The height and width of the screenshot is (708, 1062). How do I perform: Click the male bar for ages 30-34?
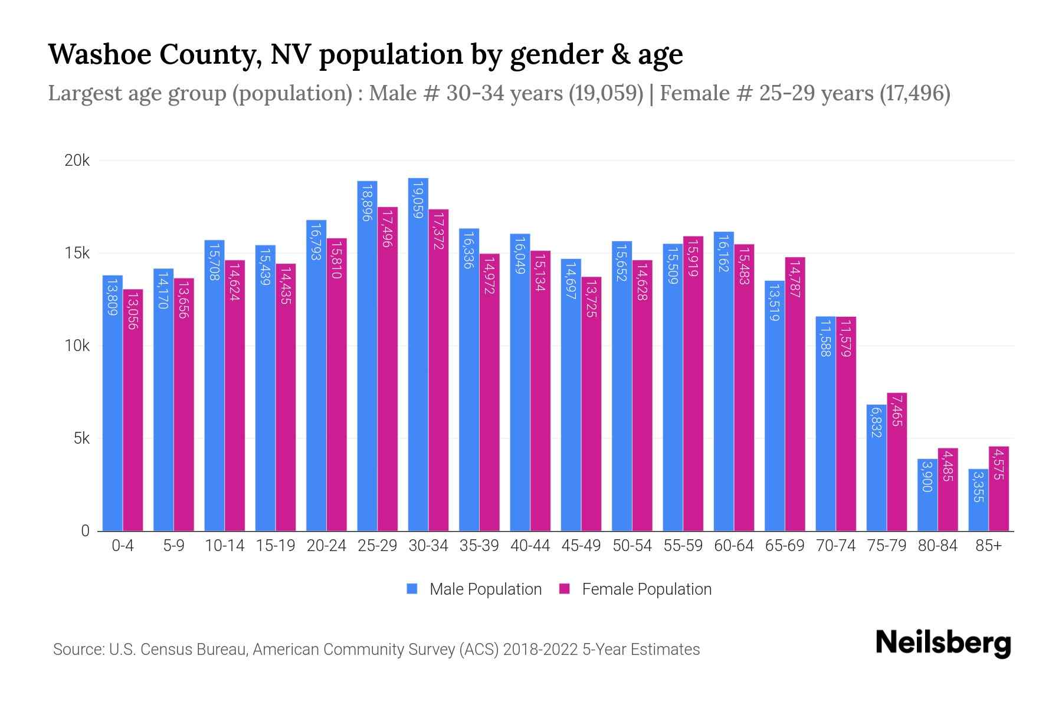(418, 354)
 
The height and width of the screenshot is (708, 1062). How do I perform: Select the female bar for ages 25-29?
(388, 369)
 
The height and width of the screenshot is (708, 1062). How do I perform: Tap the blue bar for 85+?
(978, 500)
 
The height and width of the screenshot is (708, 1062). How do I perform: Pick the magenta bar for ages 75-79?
(897, 462)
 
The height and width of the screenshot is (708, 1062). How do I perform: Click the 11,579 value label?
(846, 338)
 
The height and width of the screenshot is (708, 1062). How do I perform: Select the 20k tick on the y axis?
(77, 160)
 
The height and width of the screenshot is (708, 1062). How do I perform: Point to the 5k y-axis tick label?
(81, 438)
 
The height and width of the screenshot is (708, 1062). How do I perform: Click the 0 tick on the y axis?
(86, 531)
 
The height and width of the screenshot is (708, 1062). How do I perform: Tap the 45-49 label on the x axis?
(581, 546)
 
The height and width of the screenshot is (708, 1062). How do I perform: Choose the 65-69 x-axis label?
(785, 546)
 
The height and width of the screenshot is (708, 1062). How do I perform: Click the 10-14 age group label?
(224, 546)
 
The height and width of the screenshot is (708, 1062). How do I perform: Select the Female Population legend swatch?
(565, 589)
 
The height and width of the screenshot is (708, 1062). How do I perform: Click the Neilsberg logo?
(943, 643)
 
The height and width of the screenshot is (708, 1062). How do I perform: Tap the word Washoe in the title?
(99, 54)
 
